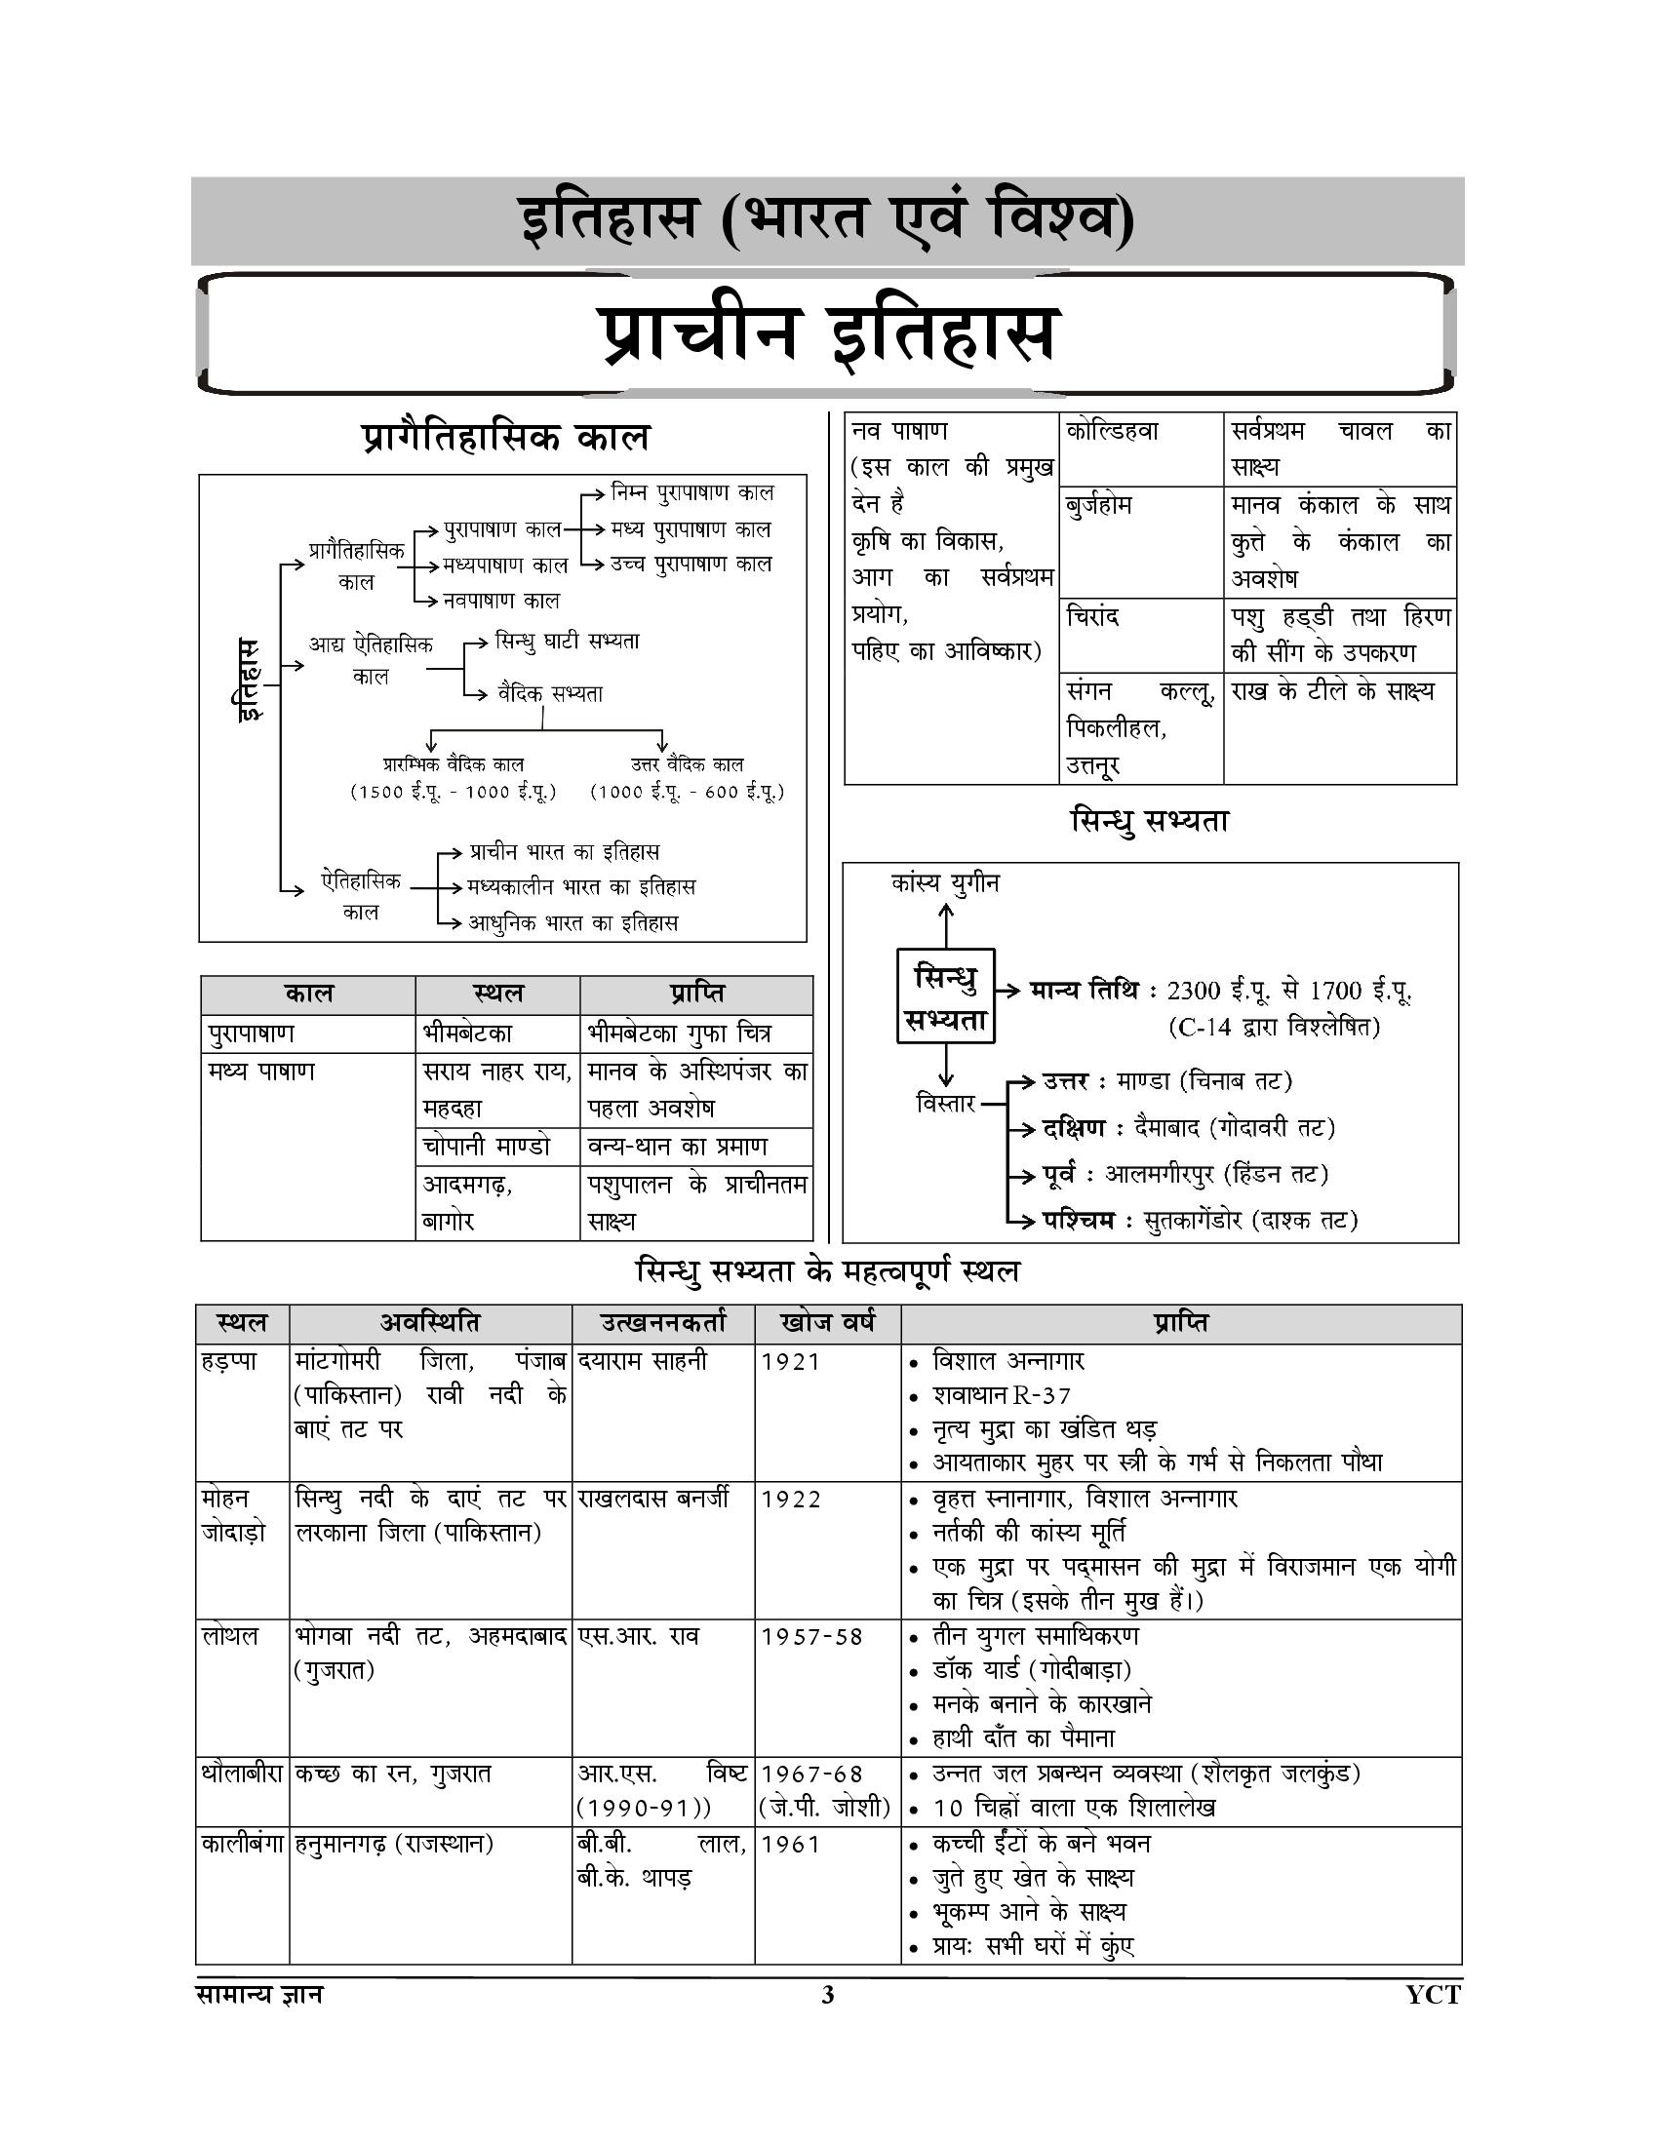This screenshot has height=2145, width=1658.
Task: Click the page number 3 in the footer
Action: click(x=827, y=1995)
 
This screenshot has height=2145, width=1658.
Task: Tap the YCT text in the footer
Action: click(x=1432, y=1995)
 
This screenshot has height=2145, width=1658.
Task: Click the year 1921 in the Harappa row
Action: click(x=791, y=1361)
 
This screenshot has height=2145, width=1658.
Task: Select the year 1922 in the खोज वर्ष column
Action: click(x=791, y=1499)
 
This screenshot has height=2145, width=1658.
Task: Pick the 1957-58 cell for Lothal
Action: click(x=811, y=1636)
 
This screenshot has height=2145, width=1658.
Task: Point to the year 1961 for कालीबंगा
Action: click(x=791, y=1845)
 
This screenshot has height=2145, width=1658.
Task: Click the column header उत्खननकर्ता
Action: click(x=663, y=1323)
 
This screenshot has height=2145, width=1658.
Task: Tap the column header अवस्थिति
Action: click(x=430, y=1323)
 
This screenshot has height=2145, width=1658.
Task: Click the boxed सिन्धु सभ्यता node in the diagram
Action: click(x=945, y=996)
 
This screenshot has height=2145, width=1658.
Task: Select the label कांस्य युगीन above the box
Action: click(x=945, y=883)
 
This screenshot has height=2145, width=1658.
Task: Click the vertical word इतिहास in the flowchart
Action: click(x=250, y=679)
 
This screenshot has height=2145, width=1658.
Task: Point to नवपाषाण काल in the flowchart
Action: click(x=501, y=600)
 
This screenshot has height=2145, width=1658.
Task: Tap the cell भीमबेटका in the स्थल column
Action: click(x=467, y=1033)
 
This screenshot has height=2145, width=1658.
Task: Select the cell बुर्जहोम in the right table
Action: click(x=1099, y=506)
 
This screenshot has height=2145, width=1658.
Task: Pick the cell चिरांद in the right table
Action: click(x=1092, y=617)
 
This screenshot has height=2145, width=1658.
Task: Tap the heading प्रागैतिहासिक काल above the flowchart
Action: click(x=506, y=437)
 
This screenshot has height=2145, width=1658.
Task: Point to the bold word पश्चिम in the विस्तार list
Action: click(x=1079, y=1220)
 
